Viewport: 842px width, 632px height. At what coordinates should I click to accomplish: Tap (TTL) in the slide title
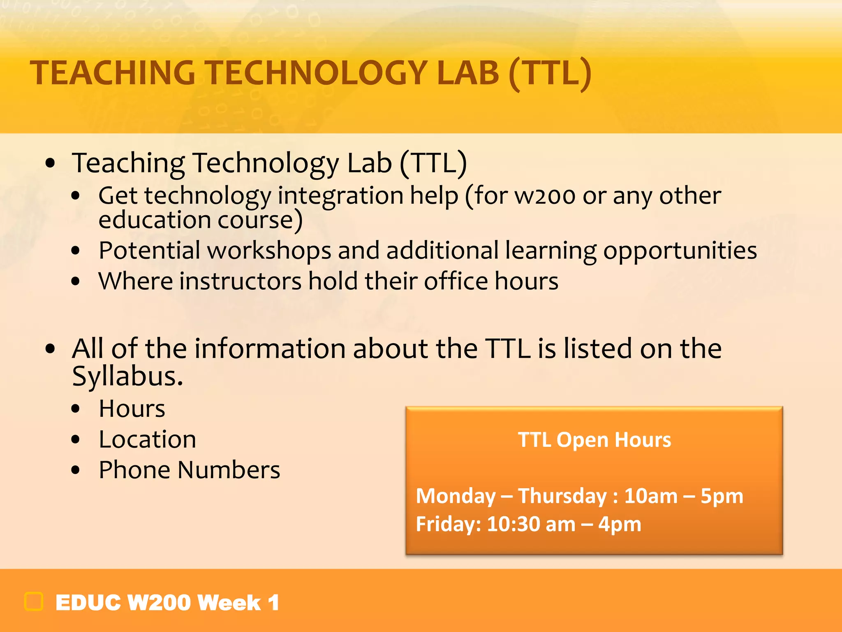coord(550,73)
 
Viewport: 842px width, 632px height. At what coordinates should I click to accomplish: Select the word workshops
coord(269,251)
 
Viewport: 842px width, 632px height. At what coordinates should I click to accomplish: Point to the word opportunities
coord(680,251)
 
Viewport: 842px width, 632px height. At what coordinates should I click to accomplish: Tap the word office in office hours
coord(456,281)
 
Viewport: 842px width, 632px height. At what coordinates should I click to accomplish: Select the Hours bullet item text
coord(132,409)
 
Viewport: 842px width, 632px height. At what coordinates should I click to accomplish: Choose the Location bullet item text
coord(148,439)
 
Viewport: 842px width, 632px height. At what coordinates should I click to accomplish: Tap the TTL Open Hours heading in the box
coord(594,440)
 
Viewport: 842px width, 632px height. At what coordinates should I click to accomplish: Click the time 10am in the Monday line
coord(650,496)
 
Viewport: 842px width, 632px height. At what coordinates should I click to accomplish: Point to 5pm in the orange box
coord(722,496)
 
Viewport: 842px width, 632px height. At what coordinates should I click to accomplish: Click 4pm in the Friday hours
coord(620,524)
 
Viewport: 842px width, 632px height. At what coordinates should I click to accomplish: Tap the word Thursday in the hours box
coord(562,496)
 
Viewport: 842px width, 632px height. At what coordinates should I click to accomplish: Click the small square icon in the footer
coord(34,602)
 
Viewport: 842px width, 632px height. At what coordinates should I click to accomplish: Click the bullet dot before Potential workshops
coord(75,251)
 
